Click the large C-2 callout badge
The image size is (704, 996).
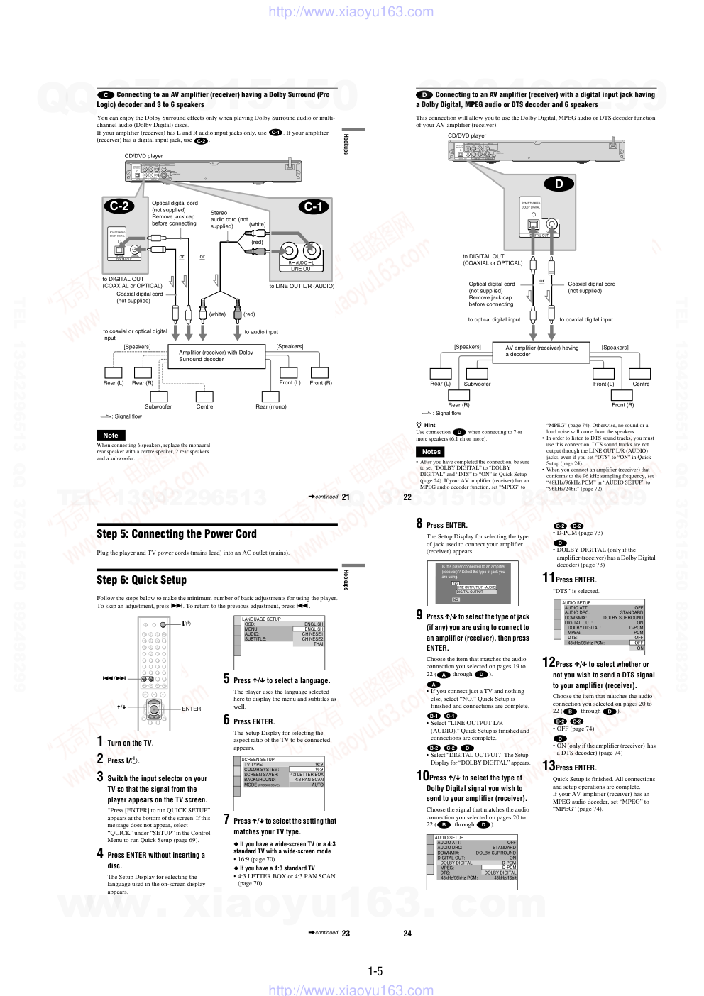pyautogui.click(x=119, y=206)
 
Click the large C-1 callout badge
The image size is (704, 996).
pyautogui.click(x=313, y=206)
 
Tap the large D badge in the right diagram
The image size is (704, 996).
pyautogui.click(x=559, y=184)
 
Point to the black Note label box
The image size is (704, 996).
pyautogui.click(x=111, y=436)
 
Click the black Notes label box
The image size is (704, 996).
pyautogui.click(x=431, y=451)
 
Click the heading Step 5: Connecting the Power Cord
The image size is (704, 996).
pyautogui.click(x=177, y=534)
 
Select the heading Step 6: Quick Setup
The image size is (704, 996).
pyautogui.click(x=142, y=580)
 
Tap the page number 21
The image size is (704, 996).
pyautogui.click(x=346, y=497)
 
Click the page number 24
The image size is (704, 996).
pyautogui.click(x=407, y=934)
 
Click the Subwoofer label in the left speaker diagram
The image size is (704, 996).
pyautogui.click(x=158, y=406)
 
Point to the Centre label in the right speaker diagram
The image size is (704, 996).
pyautogui.click(x=641, y=384)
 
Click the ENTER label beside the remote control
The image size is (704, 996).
pyautogui.click(x=192, y=709)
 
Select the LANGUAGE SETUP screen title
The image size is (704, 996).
pyautogui.click(x=261, y=619)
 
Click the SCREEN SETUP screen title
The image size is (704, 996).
pyautogui.click(x=258, y=759)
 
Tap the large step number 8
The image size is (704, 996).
pyautogui.click(x=419, y=524)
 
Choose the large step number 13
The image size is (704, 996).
pyautogui.click(x=549, y=766)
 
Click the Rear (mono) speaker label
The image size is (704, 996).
pyautogui.click(x=271, y=406)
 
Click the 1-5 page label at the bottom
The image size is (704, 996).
pyautogui.click(x=375, y=971)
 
